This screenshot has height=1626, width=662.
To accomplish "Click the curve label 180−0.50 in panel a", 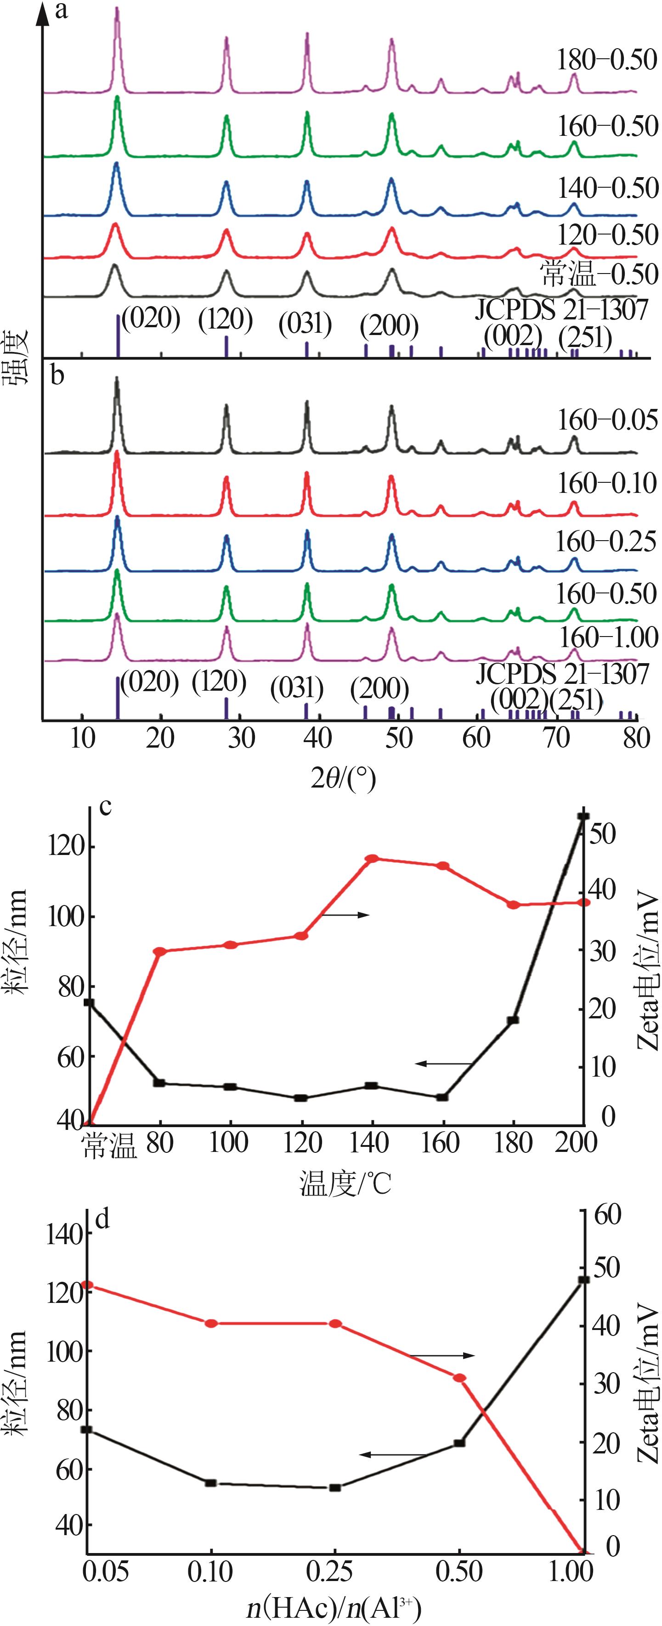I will coord(606,60).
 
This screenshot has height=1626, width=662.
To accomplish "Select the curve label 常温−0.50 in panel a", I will coord(599,274).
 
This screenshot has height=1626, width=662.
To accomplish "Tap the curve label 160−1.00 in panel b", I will coord(608,637).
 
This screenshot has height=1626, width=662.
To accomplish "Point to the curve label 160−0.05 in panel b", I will coord(607,420).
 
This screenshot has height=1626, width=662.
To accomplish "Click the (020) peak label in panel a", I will coord(150,319).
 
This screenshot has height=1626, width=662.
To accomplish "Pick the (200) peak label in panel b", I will coord(379,688).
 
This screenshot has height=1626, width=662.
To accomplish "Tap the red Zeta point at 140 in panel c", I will coord(372,859).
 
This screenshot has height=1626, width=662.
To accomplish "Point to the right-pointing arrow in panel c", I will coord(346,915).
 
